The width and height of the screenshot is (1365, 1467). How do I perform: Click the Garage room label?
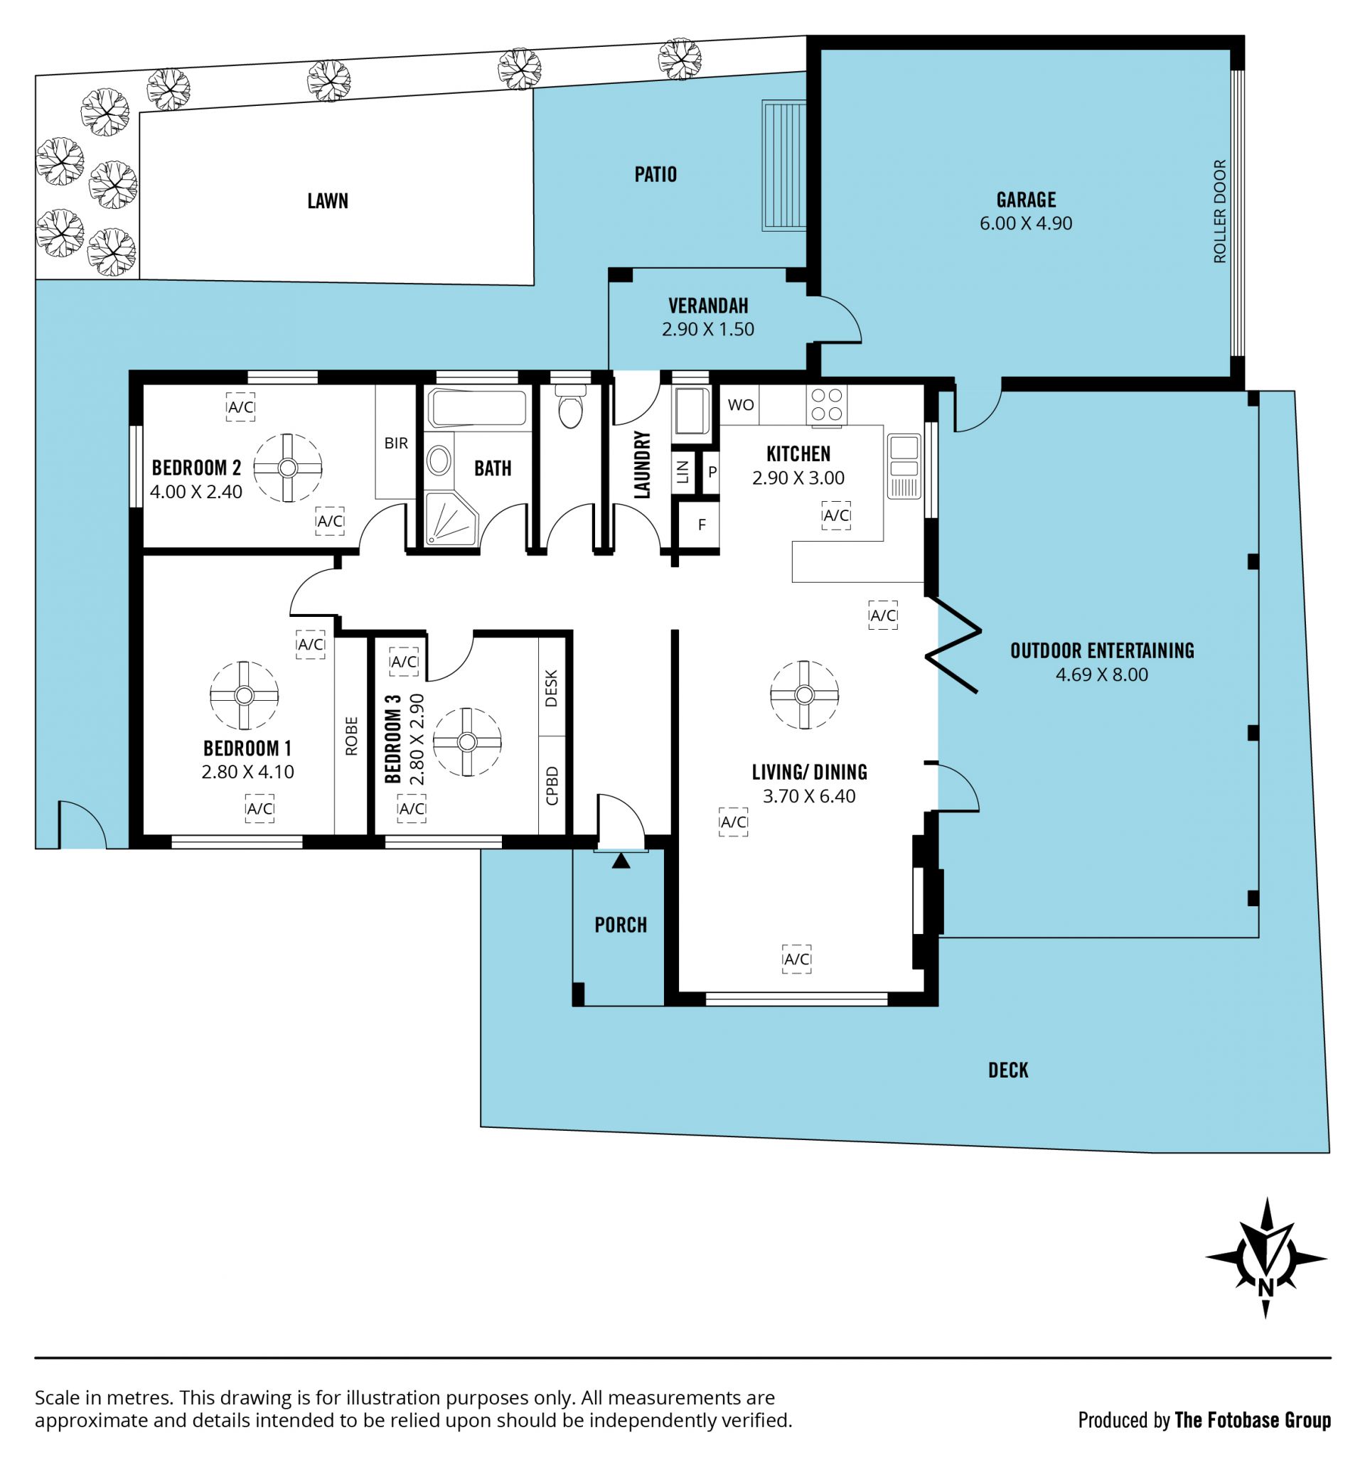pos(1025,200)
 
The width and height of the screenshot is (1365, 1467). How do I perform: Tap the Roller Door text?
pos(1219,211)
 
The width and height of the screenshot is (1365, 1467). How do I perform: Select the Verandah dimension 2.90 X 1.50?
pos(707,329)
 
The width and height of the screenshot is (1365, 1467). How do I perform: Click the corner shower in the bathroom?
pos(451,519)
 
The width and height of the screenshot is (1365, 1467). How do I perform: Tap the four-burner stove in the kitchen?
pos(826,404)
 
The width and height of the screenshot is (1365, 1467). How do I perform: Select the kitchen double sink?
pos(904,466)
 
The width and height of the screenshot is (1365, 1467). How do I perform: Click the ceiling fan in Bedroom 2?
pos(287,467)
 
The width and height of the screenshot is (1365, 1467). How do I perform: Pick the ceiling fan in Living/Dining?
pos(804,694)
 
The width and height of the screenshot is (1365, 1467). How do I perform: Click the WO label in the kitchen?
pos(741,404)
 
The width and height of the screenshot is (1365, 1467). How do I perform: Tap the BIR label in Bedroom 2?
pos(396,443)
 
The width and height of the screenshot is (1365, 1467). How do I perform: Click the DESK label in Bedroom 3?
pos(551,688)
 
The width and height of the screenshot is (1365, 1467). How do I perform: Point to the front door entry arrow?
pos(621,861)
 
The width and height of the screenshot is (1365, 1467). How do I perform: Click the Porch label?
pos(620,925)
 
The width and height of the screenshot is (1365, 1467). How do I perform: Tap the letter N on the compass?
pos(1265,1288)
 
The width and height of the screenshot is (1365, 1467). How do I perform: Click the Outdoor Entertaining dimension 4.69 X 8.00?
pos(1101,675)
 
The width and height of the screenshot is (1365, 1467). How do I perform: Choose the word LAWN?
pos(328,200)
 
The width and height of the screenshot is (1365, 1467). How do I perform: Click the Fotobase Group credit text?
pos(1252,1420)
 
